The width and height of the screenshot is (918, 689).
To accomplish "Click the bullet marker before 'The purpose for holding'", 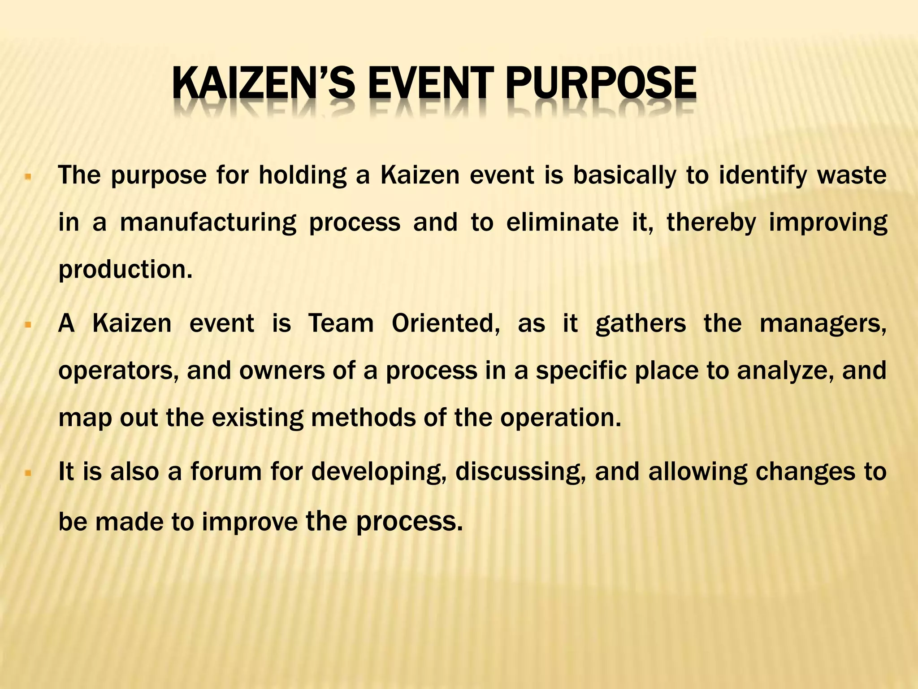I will coord(28,177).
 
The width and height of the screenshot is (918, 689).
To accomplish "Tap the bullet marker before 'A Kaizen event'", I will coord(28,324).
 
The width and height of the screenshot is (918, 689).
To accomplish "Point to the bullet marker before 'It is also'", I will coord(28,473).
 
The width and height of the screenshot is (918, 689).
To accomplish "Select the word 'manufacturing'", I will coord(208,222).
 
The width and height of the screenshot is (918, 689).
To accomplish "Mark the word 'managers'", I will coord(823,324).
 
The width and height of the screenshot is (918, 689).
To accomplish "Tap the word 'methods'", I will coord(363,418).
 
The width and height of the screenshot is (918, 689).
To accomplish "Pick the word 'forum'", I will coord(226,472).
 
